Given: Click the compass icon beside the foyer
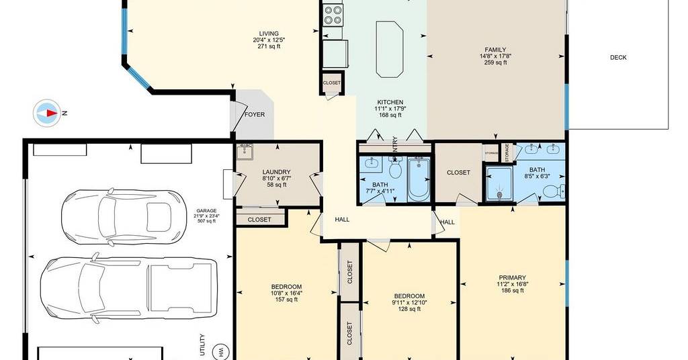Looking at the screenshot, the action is click(x=47, y=113).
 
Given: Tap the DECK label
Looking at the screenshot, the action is click(x=618, y=58).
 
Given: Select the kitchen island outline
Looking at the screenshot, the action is click(x=389, y=49).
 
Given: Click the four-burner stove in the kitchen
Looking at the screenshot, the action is click(x=333, y=15).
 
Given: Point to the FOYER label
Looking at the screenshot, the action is click(x=255, y=114).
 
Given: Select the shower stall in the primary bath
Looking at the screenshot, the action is click(x=499, y=183).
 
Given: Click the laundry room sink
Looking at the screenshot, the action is click(x=245, y=152).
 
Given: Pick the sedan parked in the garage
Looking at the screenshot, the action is click(x=124, y=217).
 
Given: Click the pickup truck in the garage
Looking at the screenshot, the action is click(x=128, y=287).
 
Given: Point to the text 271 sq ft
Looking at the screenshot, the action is click(x=269, y=46).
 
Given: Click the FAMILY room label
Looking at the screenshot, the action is click(x=495, y=50).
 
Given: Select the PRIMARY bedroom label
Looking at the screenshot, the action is click(x=512, y=277).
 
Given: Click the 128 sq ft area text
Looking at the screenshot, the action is click(x=409, y=309).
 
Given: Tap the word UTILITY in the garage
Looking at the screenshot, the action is click(x=202, y=345).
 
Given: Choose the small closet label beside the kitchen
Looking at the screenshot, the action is click(x=332, y=83).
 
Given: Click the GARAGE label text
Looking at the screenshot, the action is click(x=206, y=211).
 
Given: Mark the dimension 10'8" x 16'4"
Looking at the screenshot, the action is click(x=286, y=294).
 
